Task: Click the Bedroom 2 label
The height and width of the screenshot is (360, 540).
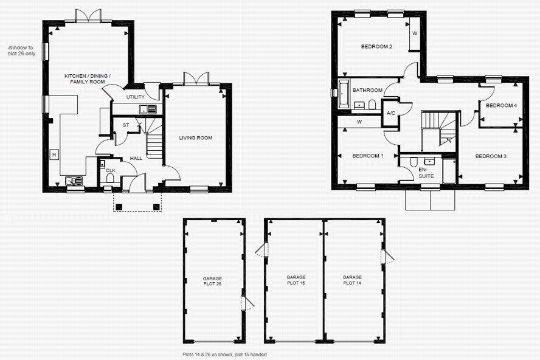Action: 376,47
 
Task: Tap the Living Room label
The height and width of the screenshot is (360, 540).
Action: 196,138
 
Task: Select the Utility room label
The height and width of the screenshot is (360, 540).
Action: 135,97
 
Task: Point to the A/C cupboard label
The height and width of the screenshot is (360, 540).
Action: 391,114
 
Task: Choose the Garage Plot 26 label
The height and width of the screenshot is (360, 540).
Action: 212,281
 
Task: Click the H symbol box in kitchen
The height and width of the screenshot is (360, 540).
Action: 54,155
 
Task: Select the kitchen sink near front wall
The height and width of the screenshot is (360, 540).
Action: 74,181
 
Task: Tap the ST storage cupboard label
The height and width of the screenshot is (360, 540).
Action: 126,126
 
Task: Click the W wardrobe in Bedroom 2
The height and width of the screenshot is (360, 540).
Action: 415,34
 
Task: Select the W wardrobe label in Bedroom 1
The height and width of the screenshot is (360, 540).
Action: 359,122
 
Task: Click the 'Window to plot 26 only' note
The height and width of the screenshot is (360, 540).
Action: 22,50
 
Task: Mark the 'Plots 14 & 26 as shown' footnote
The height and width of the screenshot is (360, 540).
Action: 224,354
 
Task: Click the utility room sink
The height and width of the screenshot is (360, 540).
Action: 147,109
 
